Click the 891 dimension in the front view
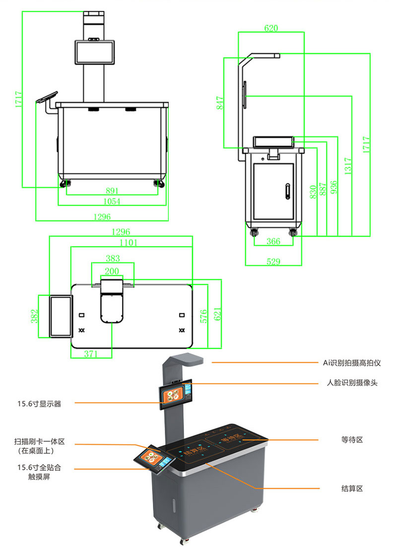[113, 190]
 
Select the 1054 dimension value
[113, 201]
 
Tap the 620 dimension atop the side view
[271, 28]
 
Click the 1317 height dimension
[348, 166]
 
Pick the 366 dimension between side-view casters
[273, 241]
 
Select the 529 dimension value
[273, 261]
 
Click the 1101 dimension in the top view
[128, 242]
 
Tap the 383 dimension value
[113, 258]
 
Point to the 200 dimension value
[112, 271]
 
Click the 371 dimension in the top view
[90, 354]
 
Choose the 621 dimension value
[217, 313]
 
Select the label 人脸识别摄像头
[352, 383]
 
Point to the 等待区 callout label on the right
[352, 440]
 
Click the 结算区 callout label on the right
[352, 488]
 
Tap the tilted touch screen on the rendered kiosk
[153, 459]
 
